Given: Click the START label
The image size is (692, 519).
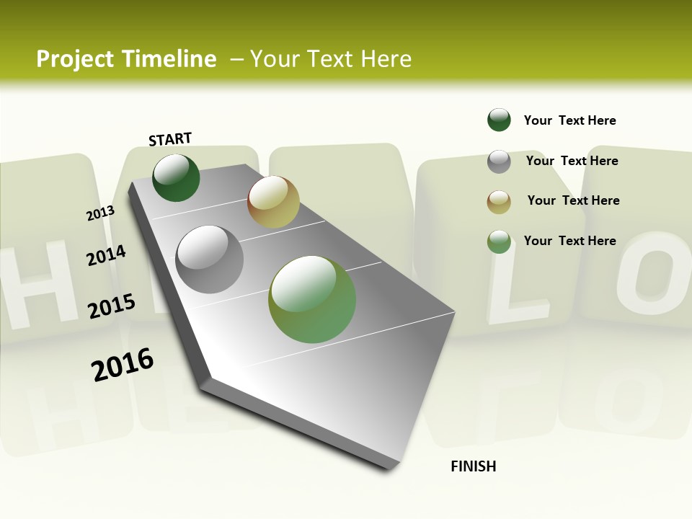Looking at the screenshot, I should (170, 139).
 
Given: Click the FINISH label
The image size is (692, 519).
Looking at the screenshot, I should (473, 466).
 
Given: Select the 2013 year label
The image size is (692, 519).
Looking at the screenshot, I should (100, 213).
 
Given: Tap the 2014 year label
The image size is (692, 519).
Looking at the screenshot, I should (106, 255).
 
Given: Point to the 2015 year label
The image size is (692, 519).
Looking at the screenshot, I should (111, 306).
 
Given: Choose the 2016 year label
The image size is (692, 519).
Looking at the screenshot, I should (123, 365).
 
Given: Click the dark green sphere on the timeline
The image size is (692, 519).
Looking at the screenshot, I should (176, 178).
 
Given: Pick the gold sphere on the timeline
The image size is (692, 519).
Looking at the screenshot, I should (273, 202).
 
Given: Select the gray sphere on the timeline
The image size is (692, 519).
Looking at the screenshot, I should (210, 259).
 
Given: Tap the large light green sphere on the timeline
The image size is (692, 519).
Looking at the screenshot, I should (312, 299).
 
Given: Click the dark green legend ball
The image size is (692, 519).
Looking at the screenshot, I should (499, 120).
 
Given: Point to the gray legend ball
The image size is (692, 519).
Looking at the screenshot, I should (499, 161).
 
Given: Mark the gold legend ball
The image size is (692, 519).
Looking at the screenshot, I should (499, 202).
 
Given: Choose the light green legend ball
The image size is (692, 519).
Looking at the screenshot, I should (499, 241).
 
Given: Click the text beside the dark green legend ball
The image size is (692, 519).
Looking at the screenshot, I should (569, 120).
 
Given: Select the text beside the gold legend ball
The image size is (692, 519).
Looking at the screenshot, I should (573, 200).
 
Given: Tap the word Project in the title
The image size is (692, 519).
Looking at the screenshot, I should (75, 59).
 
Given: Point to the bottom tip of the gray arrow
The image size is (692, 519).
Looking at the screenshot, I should (389, 469).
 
